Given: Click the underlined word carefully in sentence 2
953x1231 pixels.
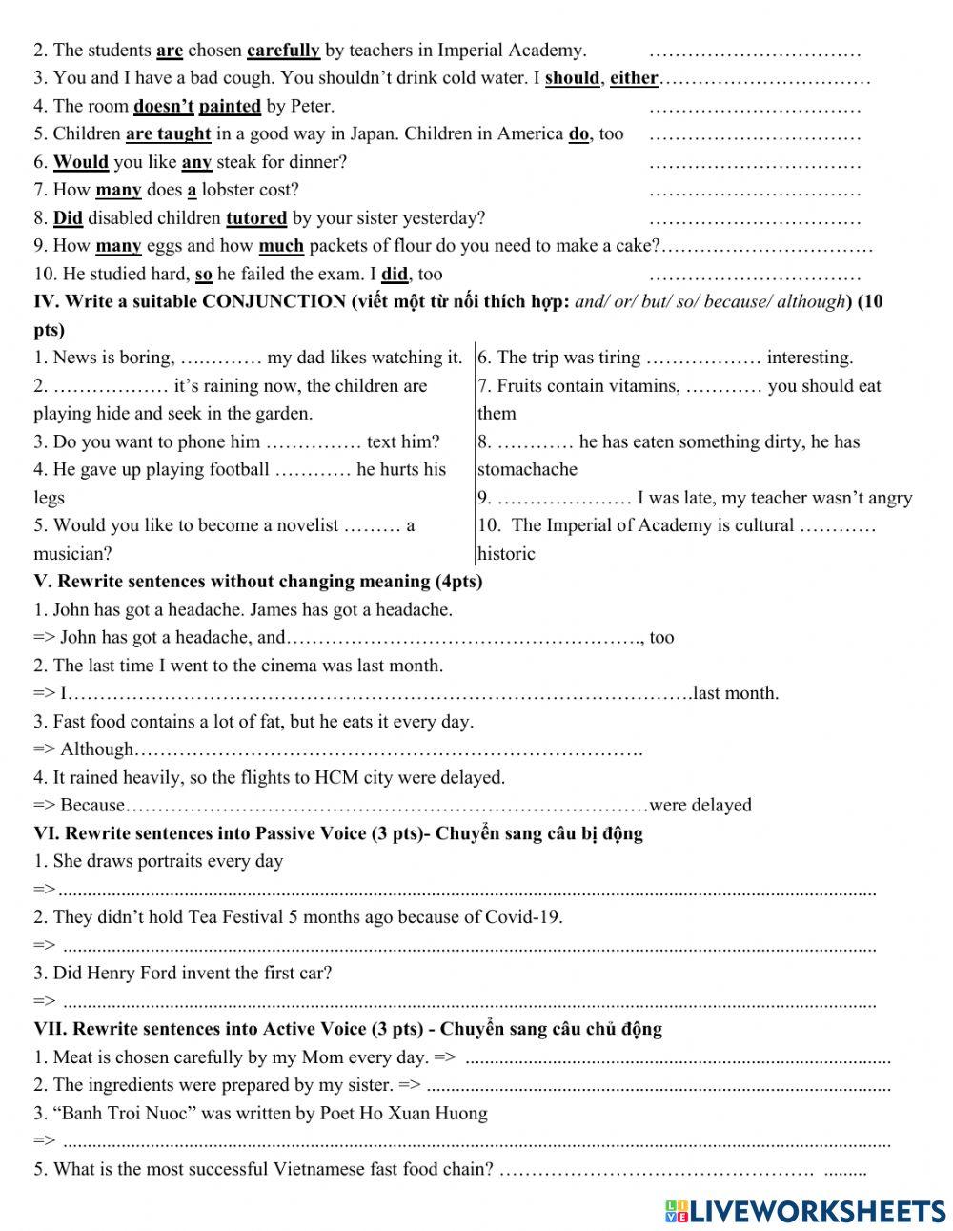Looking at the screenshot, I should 283,50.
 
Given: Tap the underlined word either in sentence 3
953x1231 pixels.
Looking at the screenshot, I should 634,78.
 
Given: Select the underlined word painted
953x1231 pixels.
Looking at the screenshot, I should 230,106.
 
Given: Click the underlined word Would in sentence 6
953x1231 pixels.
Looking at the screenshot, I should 80,162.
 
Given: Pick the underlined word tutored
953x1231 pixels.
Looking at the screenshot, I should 256,218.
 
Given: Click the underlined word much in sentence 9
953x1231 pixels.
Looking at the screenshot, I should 281,246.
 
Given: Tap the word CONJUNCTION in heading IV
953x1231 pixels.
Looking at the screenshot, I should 274,302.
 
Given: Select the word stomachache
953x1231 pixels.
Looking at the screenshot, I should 527,469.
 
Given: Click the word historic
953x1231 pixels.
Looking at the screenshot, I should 506,554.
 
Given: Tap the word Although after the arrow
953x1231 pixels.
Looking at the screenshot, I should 96,749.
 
